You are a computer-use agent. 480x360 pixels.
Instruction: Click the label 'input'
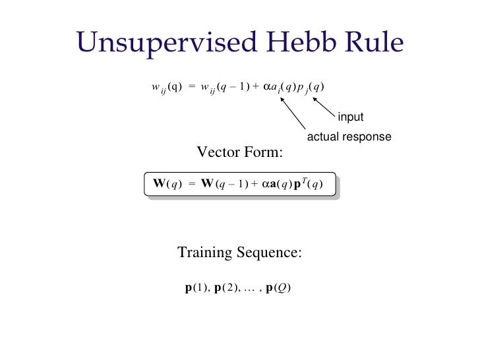click(x=351, y=117)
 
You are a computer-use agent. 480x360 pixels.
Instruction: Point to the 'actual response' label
click(x=349, y=137)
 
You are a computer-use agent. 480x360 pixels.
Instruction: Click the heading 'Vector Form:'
click(x=239, y=153)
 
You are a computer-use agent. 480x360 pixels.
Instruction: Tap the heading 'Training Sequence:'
click(x=239, y=253)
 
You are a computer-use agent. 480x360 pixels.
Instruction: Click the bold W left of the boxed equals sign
click(x=159, y=183)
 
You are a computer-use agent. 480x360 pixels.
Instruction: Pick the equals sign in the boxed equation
click(x=192, y=184)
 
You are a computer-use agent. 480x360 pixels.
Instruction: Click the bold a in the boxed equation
click(x=274, y=184)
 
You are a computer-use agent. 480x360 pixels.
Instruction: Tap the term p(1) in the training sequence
click(x=197, y=288)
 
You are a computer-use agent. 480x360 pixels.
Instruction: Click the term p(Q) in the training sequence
click(x=278, y=288)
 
